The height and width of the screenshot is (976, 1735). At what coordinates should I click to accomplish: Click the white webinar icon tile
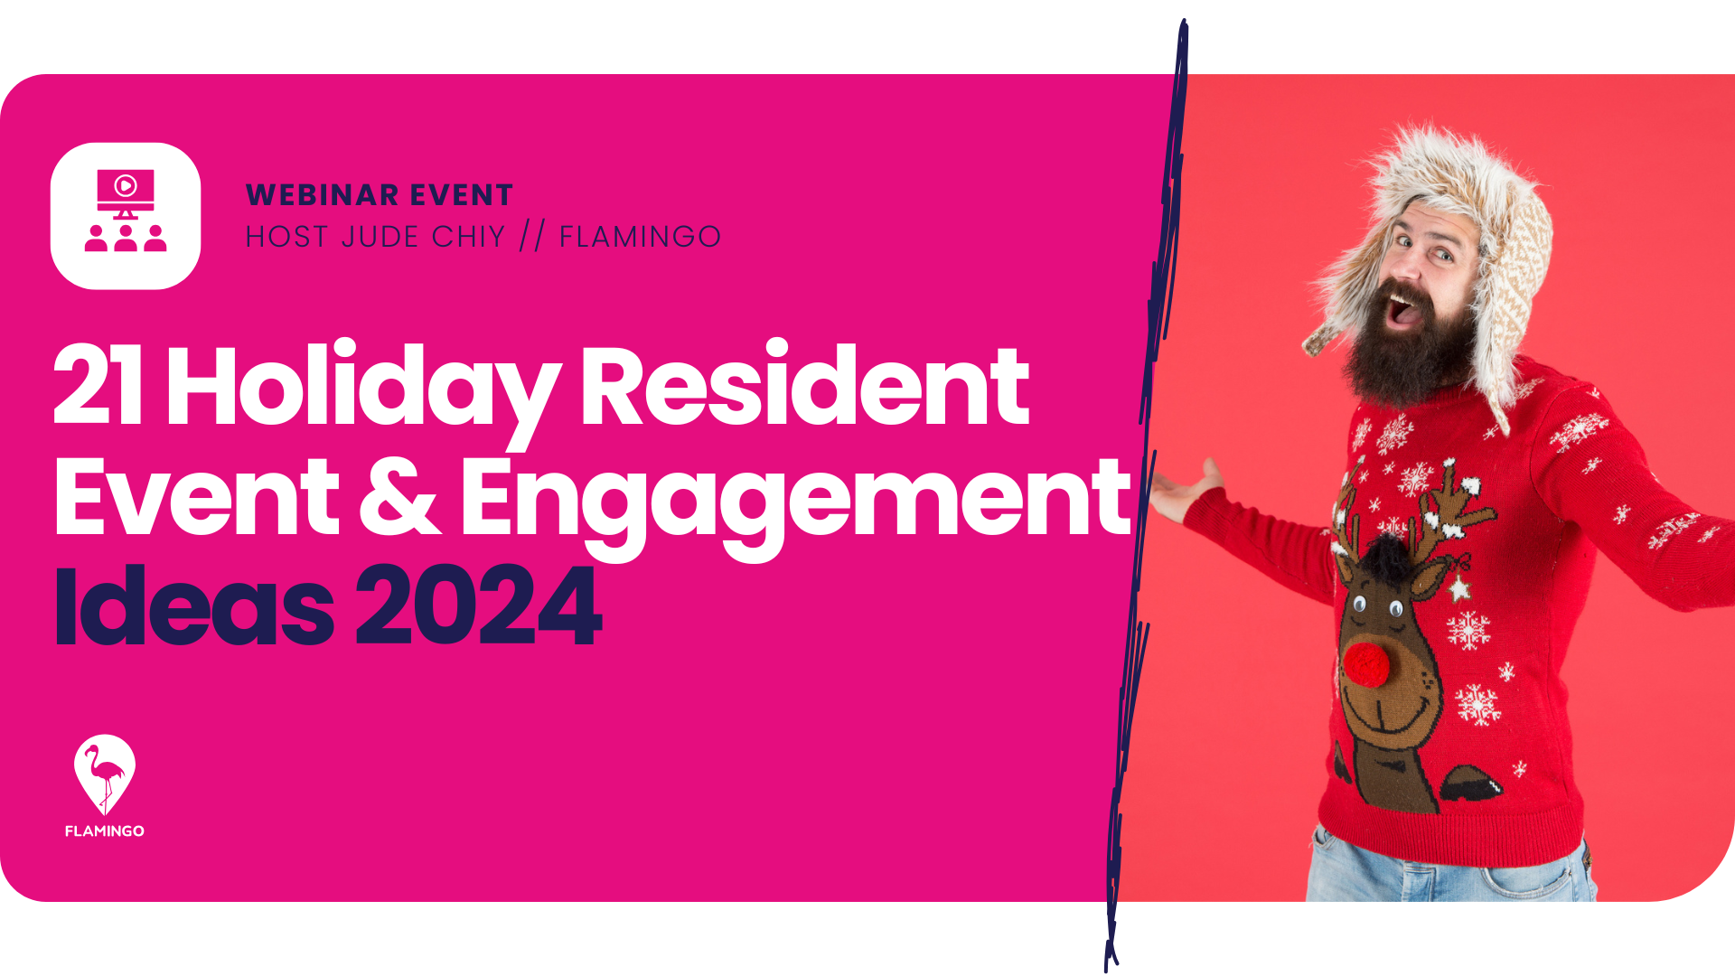pyautogui.click(x=126, y=216)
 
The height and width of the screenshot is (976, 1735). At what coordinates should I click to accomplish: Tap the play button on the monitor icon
pyautogui.click(x=126, y=186)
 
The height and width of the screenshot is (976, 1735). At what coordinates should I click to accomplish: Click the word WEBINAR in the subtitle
pyautogui.click(x=322, y=195)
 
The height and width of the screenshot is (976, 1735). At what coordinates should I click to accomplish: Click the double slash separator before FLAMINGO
pyautogui.click(x=532, y=237)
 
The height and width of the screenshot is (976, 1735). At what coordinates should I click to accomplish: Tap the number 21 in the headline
pyautogui.click(x=98, y=386)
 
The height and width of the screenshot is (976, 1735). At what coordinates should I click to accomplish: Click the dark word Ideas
pyautogui.click(x=193, y=605)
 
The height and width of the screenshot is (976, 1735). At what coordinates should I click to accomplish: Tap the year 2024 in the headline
pyautogui.click(x=479, y=605)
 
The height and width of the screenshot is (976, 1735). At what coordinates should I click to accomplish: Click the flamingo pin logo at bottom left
pyautogui.click(x=105, y=774)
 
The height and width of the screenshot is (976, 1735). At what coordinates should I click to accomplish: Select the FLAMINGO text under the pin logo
pyautogui.click(x=105, y=831)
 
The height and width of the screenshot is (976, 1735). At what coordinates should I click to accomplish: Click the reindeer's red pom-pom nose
pyautogui.click(x=1365, y=664)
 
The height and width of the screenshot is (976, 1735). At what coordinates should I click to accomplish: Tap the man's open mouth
pyautogui.click(x=1403, y=310)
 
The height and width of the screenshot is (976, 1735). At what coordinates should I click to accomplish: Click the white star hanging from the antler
pyautogui.click(x=1458, y=589)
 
